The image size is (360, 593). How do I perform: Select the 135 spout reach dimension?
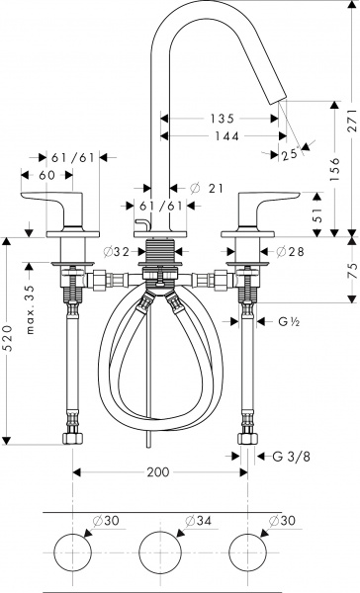coord(222,118)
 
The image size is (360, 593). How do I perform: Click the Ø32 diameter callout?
coord(119,252)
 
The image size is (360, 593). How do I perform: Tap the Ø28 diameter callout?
coord(291,252)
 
